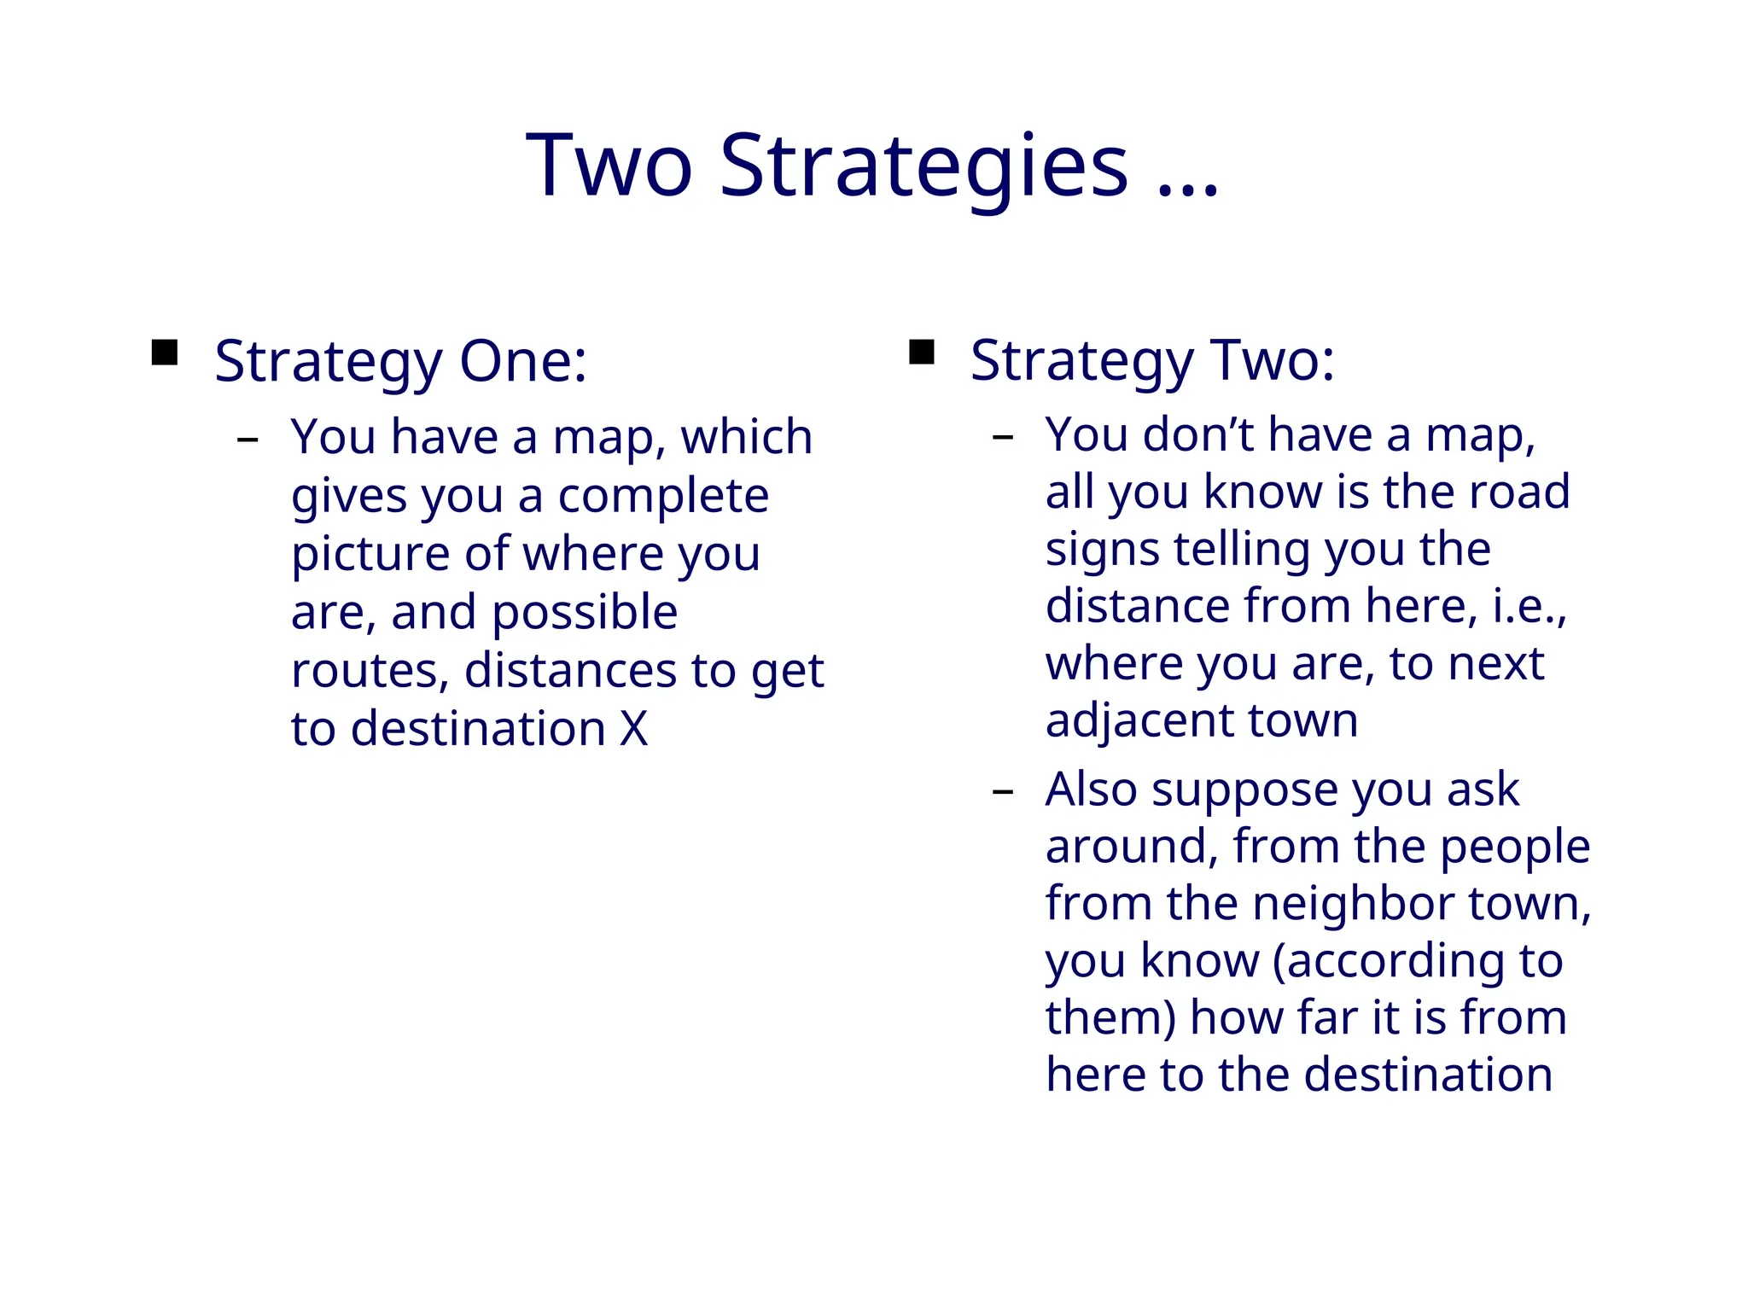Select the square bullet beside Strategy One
(165, 353)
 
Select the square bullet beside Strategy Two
(922, 352)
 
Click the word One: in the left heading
(523, 361)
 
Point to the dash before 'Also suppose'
(1003, 792)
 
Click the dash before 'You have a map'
(248, 440)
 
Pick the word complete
(663, 496)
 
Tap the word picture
(371, 555)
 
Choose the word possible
(585, 613)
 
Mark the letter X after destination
(633, 729)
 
